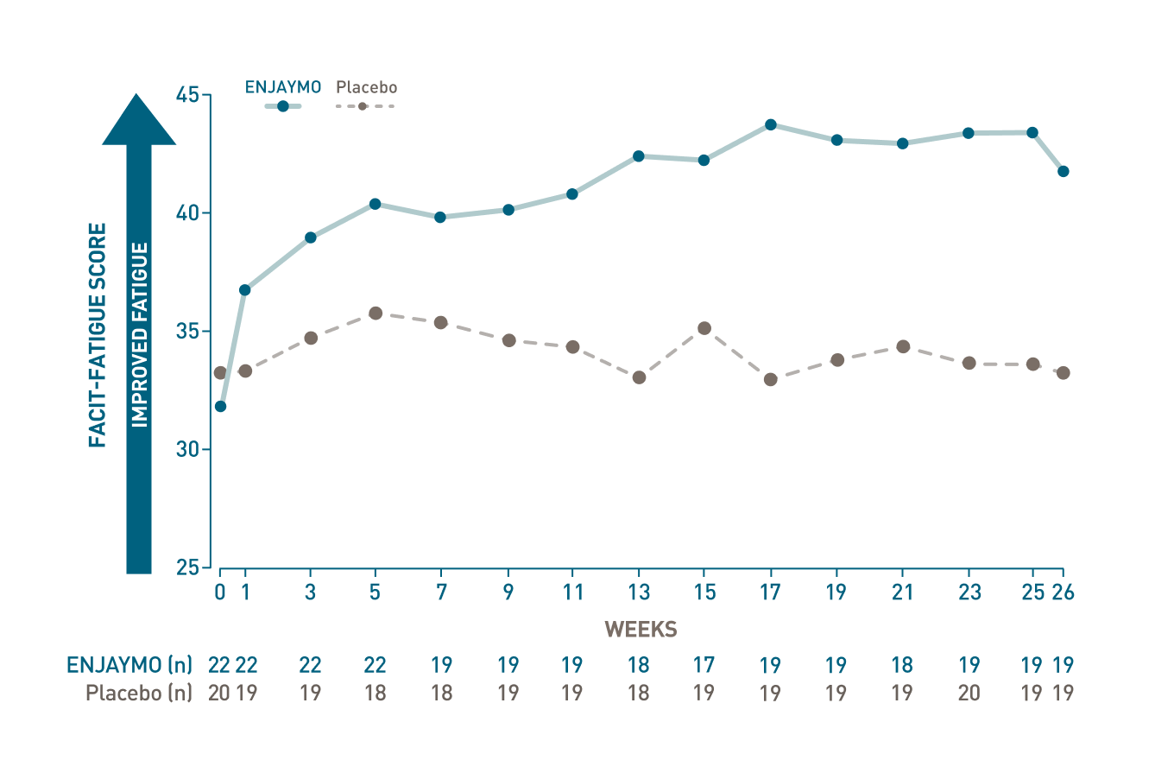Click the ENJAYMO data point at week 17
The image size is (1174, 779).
tap(771, 124)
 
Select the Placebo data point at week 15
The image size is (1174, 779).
tap(704, 328)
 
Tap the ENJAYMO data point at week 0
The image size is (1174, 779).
tap(220, 406)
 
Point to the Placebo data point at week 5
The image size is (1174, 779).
tap(376, 313)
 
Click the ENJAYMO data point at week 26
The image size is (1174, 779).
tap(1064, 171)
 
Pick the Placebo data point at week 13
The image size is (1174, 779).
tap(639, 377)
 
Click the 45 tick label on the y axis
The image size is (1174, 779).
tap(187, 95)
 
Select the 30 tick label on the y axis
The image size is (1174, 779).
tap(187, 450)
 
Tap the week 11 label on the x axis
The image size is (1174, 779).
tap(572, 592)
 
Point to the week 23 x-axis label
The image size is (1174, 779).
tap(969, 592)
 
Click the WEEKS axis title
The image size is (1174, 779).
tap(641, 630)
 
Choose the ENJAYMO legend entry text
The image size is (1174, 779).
tap(283, 87)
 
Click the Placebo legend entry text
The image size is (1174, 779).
tap(367, 87)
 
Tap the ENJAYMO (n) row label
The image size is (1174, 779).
tap(129, 665)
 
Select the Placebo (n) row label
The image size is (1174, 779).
tap(139, 693)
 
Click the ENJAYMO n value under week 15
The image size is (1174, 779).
tap(704, 665)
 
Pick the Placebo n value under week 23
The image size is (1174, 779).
tap(969, 693)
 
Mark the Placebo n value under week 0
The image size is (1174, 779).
tap(218, 693)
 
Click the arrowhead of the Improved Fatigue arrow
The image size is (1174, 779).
tap(139, 121)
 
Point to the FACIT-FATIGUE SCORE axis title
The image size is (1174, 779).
tap(98, 335)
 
